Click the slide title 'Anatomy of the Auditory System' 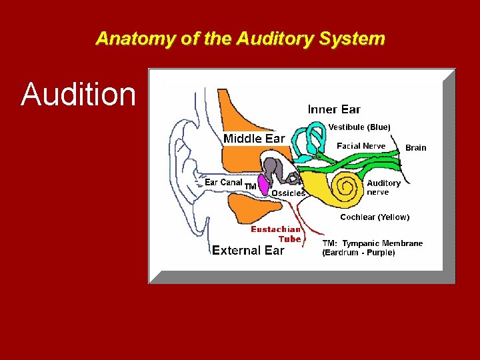(x=240, y=38)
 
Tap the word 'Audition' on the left (x=78, y=95)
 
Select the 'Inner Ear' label (x=333, y=109)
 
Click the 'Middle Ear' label (x=254, y=139)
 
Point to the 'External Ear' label (x=248, y=251)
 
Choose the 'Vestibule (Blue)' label (x=359, y=127)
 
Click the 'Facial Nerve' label (x=361, y=146)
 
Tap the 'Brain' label (x=415, y=147)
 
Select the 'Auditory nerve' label (x=383, y=187)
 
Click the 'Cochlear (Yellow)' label (x=375, y=217)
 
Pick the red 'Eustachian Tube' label (x=276, y=234)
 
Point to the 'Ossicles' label (x=288, y=193)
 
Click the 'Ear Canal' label (x=223, y=182)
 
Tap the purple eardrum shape (x=264, y=185)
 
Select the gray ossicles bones (x=275, y=171)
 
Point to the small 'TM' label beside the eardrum (x=251, y=186)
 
